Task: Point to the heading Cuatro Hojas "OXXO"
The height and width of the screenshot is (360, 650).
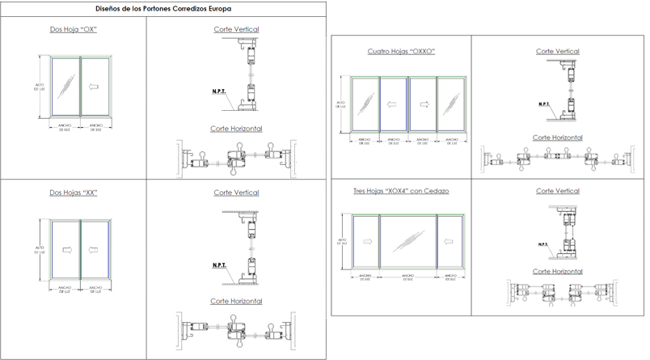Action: [402, 51]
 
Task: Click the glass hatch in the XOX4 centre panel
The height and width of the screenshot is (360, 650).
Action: [408, 239]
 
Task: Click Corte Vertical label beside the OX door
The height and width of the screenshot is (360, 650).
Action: [236, 29]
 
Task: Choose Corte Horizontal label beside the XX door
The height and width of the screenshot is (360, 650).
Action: [236, 300]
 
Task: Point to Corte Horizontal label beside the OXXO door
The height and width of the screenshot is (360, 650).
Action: [558, 138]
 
